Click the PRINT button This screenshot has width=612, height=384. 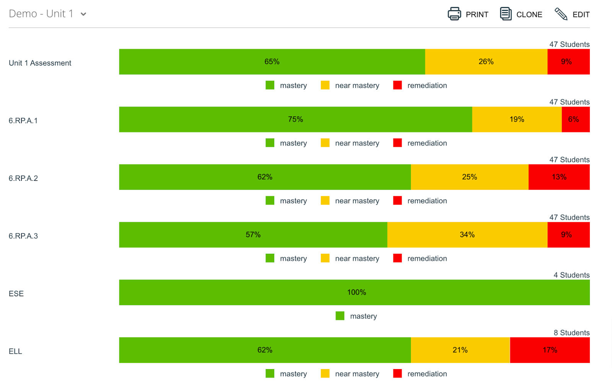coord(468,14)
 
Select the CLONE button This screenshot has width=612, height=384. coord(521,14)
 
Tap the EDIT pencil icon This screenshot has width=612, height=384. coord(561,14)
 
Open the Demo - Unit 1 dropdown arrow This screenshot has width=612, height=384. coord(83,14)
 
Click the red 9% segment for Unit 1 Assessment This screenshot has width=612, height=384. coord(568,62)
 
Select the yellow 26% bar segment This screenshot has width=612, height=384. coord(486,62)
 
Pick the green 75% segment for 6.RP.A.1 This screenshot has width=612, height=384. coord(295,120)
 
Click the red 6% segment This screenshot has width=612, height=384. coord(575,120)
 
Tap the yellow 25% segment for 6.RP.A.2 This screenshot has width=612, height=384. coord(469,177)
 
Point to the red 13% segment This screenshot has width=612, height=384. coord(559,177)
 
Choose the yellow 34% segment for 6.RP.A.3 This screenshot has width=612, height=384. coord(467,235)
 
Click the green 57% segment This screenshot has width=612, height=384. coord(253,235)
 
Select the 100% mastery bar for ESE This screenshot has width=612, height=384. coord(354,292)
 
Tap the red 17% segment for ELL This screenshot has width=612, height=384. coord(550,350)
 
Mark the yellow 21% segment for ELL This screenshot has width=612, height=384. coord(460,350)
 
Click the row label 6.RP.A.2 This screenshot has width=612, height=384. coord(23,178)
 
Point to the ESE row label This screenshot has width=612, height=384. coord(16,294)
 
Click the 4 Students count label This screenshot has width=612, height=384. coord(571,275)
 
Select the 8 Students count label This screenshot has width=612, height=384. coord(571,333)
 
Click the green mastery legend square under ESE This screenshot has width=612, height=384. coord(340,316)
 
